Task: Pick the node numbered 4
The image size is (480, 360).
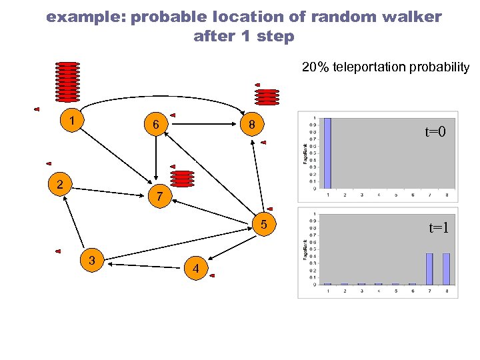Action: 195,268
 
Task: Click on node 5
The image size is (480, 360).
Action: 264,226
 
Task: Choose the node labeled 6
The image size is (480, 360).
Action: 155,125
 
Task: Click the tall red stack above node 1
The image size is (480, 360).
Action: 67,81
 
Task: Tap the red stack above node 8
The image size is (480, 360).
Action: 267,97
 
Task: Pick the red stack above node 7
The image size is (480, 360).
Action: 182,178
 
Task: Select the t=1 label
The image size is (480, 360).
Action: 438,228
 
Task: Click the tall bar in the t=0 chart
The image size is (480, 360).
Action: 327,153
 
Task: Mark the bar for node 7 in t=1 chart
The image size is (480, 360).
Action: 429,269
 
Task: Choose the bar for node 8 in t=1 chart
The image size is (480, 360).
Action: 446,269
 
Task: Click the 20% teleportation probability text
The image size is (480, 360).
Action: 385,67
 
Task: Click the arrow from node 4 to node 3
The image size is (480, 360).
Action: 143,265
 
